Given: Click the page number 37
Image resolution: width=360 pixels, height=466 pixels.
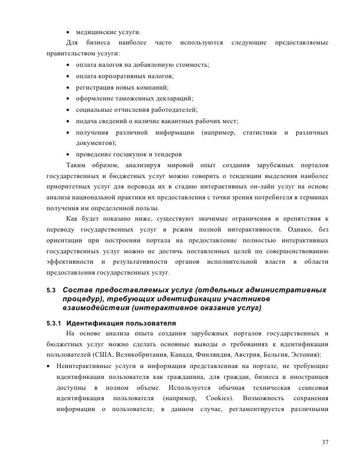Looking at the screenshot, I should click(325, 442).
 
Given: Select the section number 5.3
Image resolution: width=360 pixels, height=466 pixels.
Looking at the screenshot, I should click(50, 289).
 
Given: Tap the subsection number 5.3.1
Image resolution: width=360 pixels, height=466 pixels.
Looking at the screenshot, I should click(53, 324).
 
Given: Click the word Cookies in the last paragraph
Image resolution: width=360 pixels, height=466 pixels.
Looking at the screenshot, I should click(220, 398).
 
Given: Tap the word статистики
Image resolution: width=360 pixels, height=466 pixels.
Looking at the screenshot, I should click(259, 132).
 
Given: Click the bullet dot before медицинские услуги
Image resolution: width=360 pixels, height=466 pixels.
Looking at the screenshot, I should click(67, 33).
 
